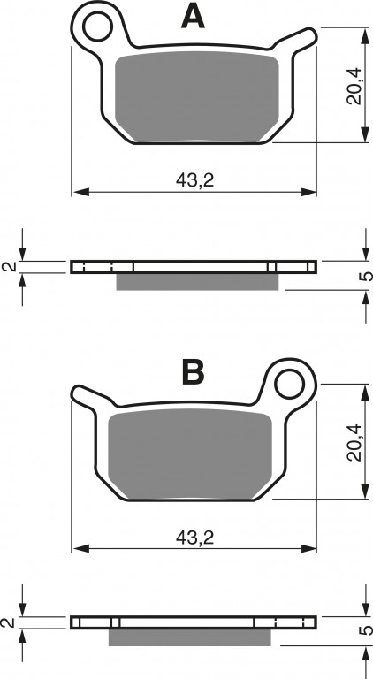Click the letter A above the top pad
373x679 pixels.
193,17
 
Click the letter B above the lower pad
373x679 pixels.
193,373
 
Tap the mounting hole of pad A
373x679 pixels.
97,27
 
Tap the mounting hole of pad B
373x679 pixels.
290,384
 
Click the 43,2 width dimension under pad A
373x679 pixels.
194,180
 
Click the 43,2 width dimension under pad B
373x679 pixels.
194,538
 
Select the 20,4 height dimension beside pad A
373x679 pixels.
354,86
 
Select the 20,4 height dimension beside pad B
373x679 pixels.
354,443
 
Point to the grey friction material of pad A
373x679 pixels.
197,97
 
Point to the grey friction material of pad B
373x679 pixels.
190,454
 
